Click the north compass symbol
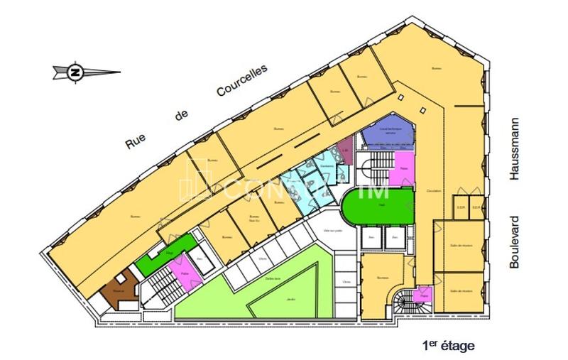(x=75, y=72)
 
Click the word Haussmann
(x=516, y=148)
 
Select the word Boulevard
(x=516, y=241)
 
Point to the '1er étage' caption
(x=447, y=346)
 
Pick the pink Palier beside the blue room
(x=403, y=169)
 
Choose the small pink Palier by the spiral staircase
(x=425, y=293)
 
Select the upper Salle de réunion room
(x=460, y=246)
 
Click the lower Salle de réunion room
(x=460, y=291)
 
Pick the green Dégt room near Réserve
(x=168, y=252)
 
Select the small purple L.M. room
(x=344, y=151)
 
